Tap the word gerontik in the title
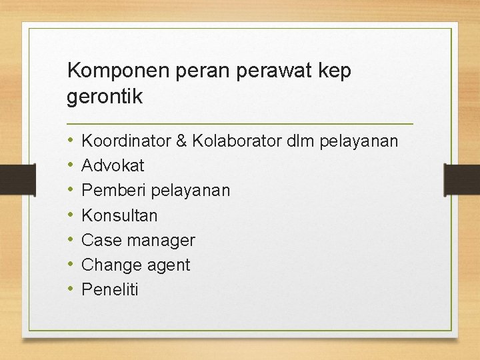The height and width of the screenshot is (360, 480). tap(105, 97)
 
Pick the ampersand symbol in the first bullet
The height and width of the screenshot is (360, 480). tap(181, 141)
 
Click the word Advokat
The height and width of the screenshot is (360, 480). tap(113, 165)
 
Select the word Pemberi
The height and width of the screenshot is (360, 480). tap(113, 191)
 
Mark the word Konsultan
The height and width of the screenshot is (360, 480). tap(119, 215)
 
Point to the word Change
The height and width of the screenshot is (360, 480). tap(107, 265)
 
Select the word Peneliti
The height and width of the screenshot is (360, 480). tap(110, 290)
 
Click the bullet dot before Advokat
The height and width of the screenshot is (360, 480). tap(71, 165)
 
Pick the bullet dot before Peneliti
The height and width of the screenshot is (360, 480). tap(71, 290)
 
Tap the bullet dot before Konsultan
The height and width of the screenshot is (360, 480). tap(71, 215)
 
